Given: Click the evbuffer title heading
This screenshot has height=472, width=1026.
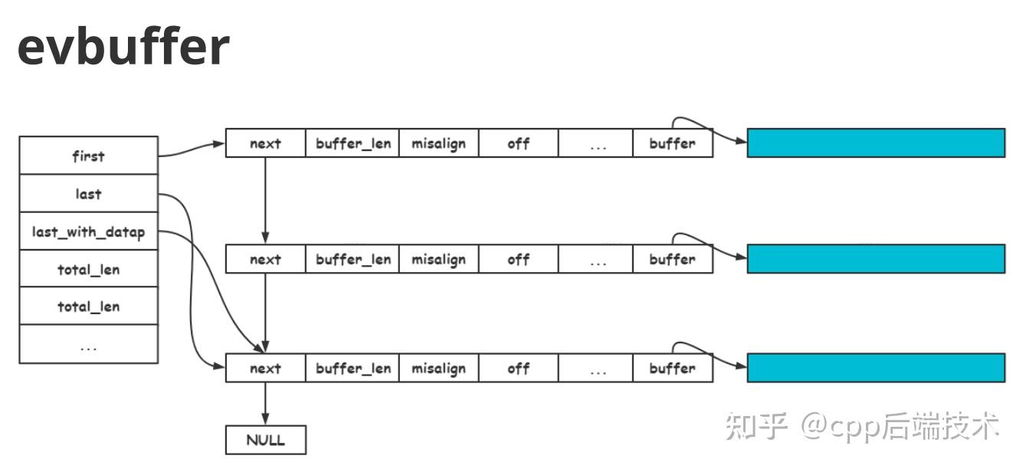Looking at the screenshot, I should [x=123, y=47].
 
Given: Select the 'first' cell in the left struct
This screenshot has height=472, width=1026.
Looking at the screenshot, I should [x=88, y=156].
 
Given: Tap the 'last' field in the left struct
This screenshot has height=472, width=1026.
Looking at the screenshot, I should [x=88, y=194].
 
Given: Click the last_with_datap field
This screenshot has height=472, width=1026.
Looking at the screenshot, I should [x=88, y=231].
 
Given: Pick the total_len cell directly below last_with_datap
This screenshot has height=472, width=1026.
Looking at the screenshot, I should [x=88, y=269].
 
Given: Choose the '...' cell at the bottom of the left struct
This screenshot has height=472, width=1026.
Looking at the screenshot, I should [x=88, y=345].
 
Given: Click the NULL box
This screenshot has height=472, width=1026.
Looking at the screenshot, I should [x=265, y=440].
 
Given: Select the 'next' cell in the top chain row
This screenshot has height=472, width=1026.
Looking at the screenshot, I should [x=265, y=143].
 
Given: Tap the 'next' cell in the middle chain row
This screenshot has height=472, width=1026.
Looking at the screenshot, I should [x=265, y=259].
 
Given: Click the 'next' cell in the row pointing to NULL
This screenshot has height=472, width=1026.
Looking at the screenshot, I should [x=265, y=368].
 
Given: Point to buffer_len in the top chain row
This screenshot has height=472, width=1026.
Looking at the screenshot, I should [x=353, y=143].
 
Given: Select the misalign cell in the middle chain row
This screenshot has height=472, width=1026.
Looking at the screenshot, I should [x=438, y=259].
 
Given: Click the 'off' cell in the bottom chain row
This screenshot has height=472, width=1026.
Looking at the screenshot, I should [x=518, y=368].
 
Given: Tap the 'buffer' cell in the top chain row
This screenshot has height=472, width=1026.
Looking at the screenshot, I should [x=672, y=143].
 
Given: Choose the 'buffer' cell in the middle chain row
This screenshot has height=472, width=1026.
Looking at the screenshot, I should [x=672, y=259].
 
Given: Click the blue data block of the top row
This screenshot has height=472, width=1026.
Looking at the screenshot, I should [x=875, y=143].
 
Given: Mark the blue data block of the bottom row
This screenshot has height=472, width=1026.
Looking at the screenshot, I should [x=875, y=368].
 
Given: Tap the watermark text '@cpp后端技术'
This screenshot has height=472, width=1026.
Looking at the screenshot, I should [x=900, y=426].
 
